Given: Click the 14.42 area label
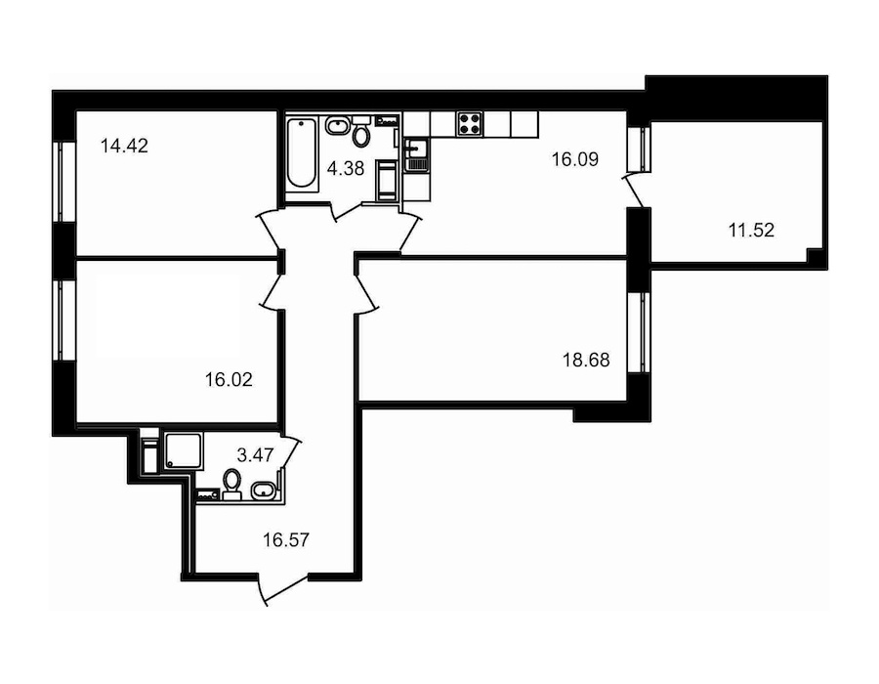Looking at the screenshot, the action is click(124, 147).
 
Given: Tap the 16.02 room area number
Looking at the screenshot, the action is click(229, 380).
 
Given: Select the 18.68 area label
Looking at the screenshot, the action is click(586, 360).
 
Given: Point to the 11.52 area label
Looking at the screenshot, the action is click(751, 230).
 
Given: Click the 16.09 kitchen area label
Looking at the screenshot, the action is click(575, 159).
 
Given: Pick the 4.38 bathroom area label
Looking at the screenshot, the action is click(346, 168).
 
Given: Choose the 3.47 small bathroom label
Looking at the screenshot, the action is click(256, 454).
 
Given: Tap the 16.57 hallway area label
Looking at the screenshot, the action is click(286, 540).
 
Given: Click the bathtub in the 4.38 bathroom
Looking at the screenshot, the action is click(301, 151).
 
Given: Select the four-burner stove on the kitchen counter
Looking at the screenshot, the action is click(470, 124).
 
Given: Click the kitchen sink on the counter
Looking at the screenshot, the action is click(415, 154).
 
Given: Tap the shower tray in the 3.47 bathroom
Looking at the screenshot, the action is click(184, 450).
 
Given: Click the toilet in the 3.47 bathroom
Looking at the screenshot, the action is click(231, 484).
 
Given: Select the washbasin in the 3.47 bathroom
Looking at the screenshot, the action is click(262, 492).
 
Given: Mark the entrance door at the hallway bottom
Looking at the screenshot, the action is click(284, 588).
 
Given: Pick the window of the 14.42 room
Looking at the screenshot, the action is click(63, 182).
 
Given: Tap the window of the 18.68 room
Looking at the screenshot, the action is click(638, 331).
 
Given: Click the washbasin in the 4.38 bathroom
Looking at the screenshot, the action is click(337, 126).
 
